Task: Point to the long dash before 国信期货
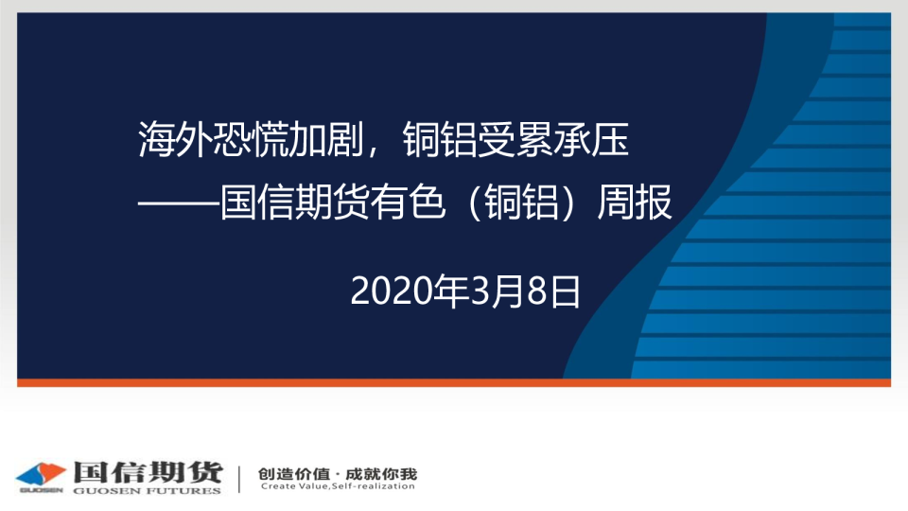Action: coord(179,203)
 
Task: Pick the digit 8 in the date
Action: coord(537,291)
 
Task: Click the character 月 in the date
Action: coord(508,291)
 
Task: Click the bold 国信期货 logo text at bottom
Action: coord(148,472)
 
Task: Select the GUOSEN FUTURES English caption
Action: coord(148,491)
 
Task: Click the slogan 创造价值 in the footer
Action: coord(293,474)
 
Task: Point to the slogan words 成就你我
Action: coord(381,474)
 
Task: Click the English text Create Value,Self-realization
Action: coord(338,486)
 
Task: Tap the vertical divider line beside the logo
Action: coord(239,479)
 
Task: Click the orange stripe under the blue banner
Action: coord(454,382)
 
